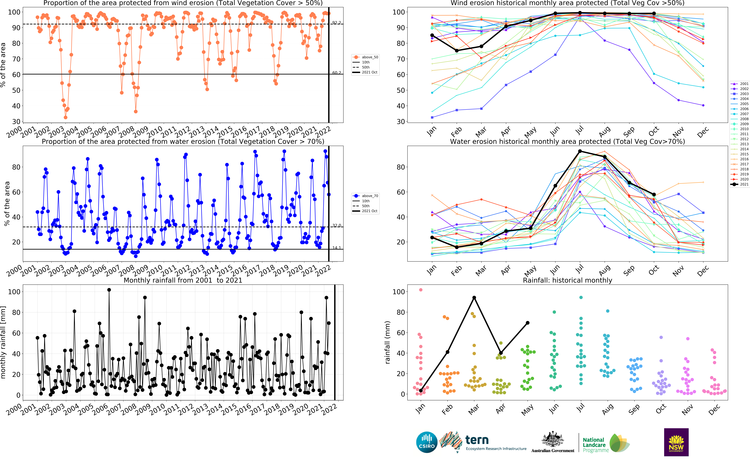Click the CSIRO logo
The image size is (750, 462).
pyautogui.click(x=427, y=442)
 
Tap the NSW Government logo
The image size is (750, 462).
pyautogui.click(x=676, y=442)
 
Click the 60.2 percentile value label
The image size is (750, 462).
pyautogui.click(x=336, y=73)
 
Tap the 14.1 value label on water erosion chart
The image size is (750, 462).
pyautogui.click(x=336, y=248)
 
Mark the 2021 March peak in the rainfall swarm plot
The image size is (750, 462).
pyautogui.click(x=474, y=298)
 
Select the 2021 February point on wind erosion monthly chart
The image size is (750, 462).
pyautogui.click(x=457, y=51)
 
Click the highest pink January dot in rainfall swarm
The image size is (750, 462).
pyautogui.click(x=421, y=290)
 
